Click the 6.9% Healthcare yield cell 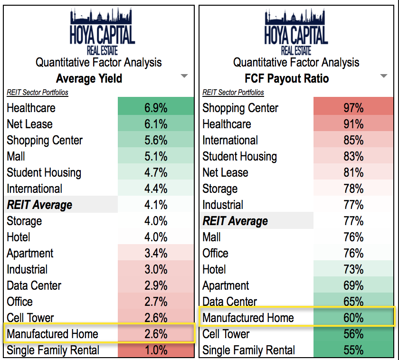tap(156, 108)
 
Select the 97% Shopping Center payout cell tap(353, 108)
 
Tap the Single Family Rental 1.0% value tap(156, 351)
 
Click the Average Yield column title tap(89, 78)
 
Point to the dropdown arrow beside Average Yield tap(184, 76)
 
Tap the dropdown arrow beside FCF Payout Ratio tap(384, 76)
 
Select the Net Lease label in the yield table tap(29, 124)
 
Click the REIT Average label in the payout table tap(235, 221)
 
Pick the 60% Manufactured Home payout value tap(353, 318)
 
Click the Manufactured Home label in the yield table tap(52, 334)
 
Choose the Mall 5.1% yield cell tap(156, 156)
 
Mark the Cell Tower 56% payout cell tap(353, 334)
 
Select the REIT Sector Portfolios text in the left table tap(38, 93)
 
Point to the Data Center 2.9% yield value tap(156, 285)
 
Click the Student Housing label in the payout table tap(239, 156)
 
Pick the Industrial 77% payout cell tap(353, 205)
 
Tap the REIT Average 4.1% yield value tap(156, 205)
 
